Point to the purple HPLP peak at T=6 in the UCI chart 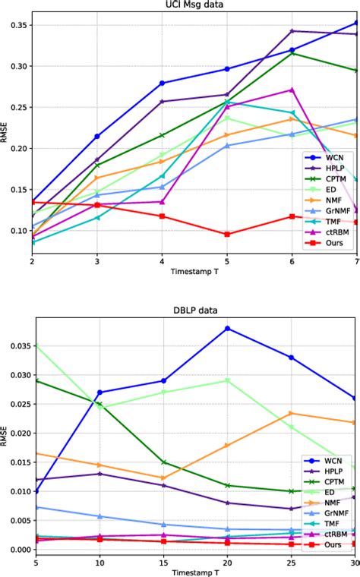[292, 31]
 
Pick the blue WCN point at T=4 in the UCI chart [162, 83]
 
